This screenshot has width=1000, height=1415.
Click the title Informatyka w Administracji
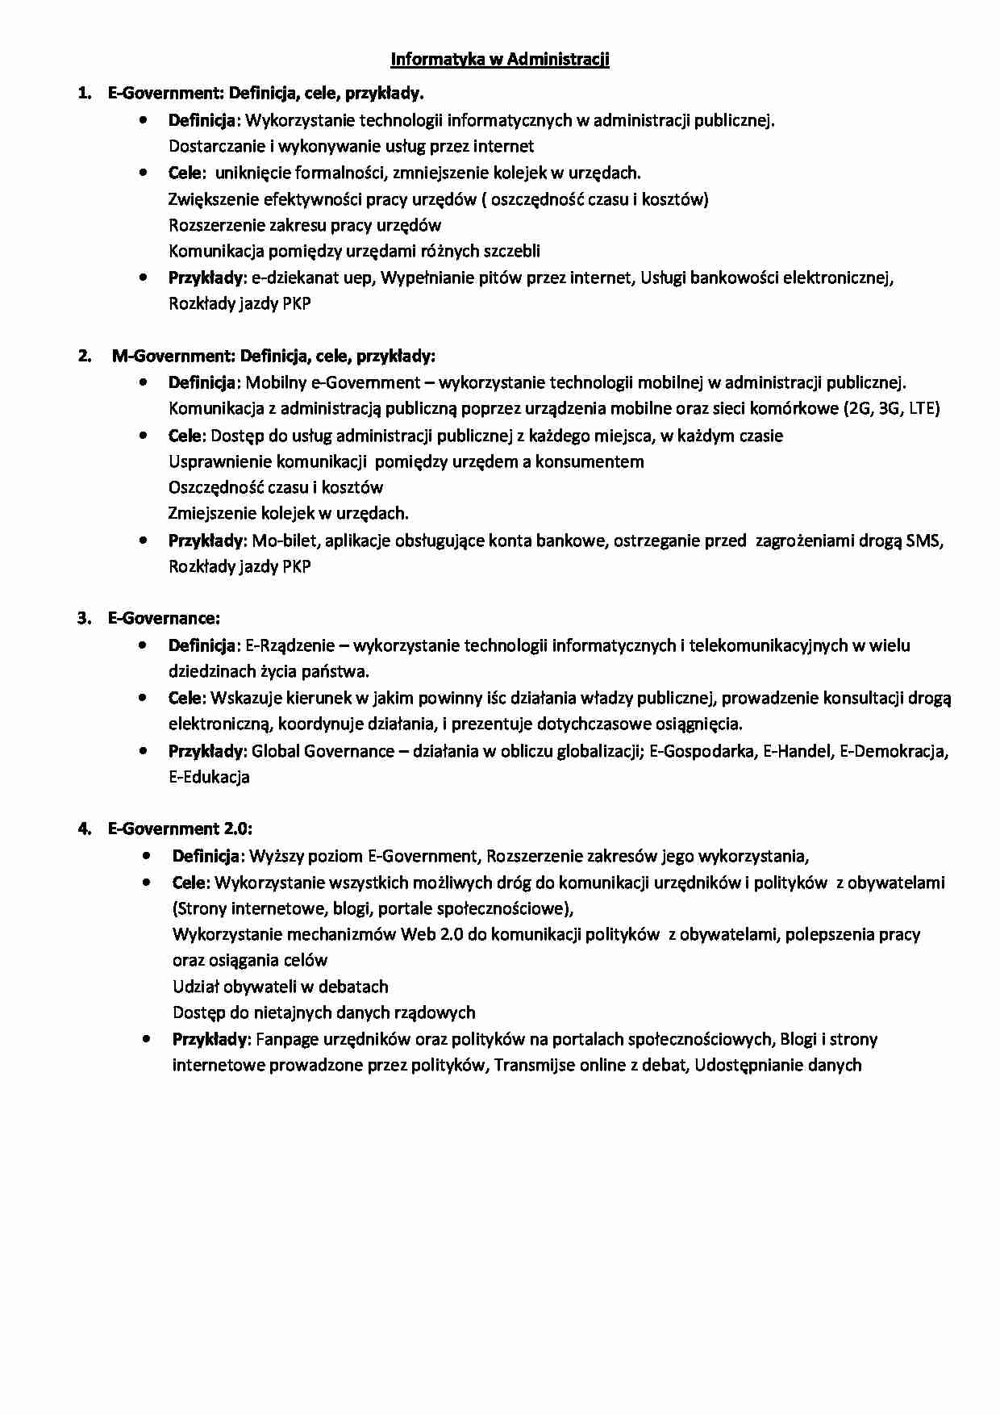[499, 60]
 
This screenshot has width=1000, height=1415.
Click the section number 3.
[83, 619]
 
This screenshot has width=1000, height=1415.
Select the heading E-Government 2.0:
[180, 829]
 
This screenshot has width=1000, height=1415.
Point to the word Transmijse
[533, 1066]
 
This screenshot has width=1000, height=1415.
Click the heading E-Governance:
[164, 619]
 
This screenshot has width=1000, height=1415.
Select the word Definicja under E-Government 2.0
[205, 857]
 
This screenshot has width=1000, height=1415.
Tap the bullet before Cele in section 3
[143, 697]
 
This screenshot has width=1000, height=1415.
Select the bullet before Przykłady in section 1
[143, 278]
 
